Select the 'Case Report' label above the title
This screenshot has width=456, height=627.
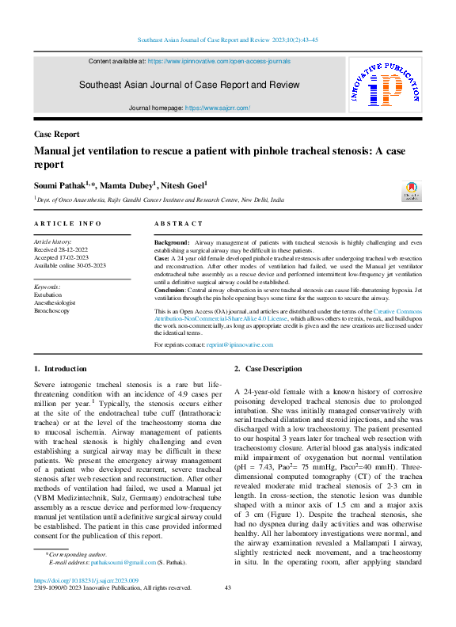[56, 135]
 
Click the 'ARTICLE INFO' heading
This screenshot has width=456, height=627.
[67, 224]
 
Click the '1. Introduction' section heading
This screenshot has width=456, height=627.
[60, 369]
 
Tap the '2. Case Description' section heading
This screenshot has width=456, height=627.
[268, 369]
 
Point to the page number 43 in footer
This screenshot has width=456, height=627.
[228, 610]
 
